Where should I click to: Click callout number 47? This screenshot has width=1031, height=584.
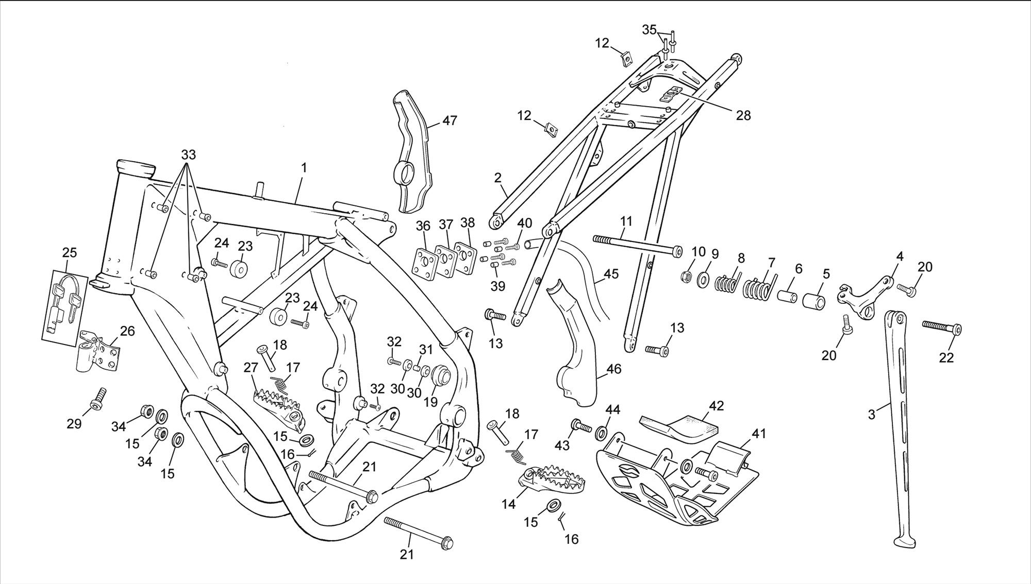(x=450, y=121)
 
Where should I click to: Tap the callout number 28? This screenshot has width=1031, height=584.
(x=743, y=115)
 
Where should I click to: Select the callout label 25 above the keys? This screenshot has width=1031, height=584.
(x=70, y=252)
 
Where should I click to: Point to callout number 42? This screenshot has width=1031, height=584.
(x=716, y=406)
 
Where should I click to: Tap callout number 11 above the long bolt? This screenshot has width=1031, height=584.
(x=626, y=221)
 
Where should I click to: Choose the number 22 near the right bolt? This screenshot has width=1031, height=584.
(x=946, y=357)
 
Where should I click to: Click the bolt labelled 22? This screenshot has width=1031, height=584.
(x=941, y=327)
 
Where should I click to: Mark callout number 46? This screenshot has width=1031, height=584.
(x=614, y=369)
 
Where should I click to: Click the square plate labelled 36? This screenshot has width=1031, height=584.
(x=424, y=263)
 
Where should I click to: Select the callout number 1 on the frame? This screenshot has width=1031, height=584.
(x=304, y=167)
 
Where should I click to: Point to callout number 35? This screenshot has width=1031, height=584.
(x=650, y=29)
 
